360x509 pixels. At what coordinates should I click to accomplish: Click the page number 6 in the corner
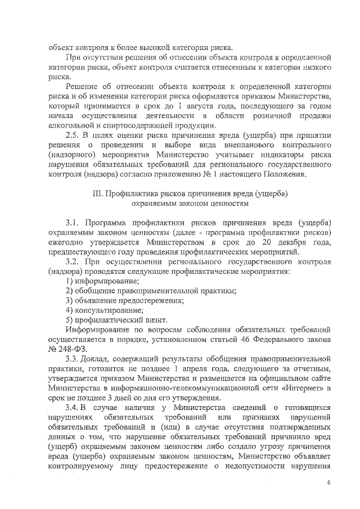(328, 483)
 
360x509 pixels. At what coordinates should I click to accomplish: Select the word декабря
(290, 242)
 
